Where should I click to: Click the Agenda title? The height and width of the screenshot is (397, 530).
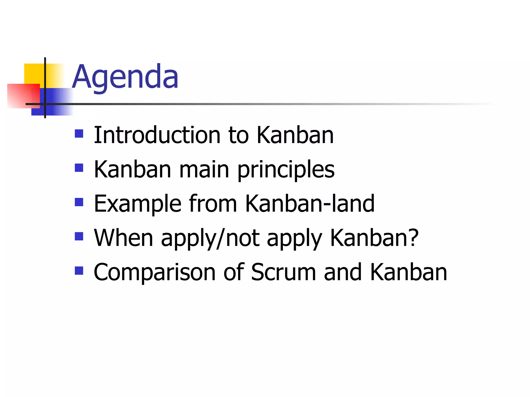pyautogui.click(x=125, y=77)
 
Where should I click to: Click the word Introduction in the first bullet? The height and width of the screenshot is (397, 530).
pyautogui.click(x=157, y=135)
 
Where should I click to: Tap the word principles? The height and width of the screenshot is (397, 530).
pyautogui.click(x=286, y=170)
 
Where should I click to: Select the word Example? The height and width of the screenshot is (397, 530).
pyautogui.click(x=137, y=204)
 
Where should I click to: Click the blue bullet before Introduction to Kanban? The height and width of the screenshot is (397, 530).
pyautogui.click(x=79, y=134)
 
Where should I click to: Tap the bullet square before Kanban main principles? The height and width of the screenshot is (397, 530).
pyautogui.click(x=79, y=168)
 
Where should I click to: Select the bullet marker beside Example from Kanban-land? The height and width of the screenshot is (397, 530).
pyautogui.click(x=79, y=202)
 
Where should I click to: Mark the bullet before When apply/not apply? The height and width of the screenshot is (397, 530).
pyautogui.click(x=79, y=236)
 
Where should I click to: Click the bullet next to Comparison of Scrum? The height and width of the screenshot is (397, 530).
pyautogui.click(x=79, y=271)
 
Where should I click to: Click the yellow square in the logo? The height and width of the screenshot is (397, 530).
pyautogui.click(x=34, y=73)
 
